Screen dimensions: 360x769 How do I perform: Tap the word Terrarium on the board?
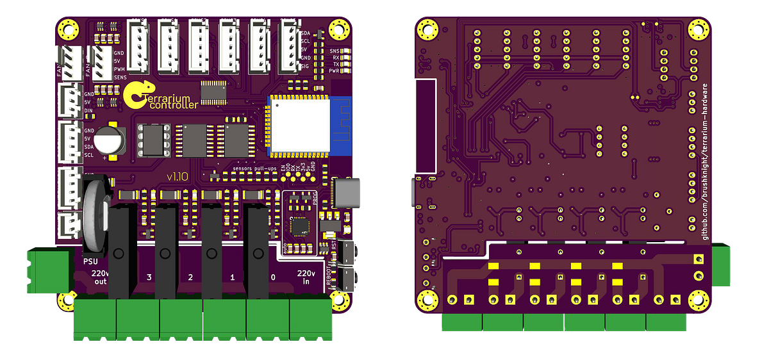point(169,99)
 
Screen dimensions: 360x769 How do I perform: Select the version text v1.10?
point(176,177)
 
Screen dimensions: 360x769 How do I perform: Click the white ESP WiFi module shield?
point(298,126)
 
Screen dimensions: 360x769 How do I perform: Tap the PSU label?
point(90,261)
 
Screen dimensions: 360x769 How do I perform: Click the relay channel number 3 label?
point(149,277)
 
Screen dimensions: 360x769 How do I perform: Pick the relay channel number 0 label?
point(274,277)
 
